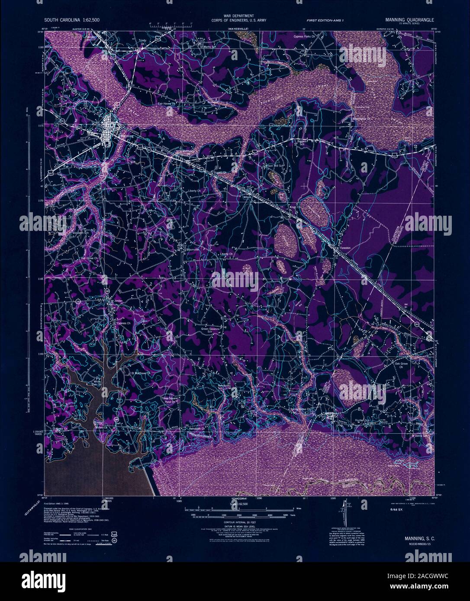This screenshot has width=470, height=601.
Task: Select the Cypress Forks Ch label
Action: (x=308, y=37)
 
